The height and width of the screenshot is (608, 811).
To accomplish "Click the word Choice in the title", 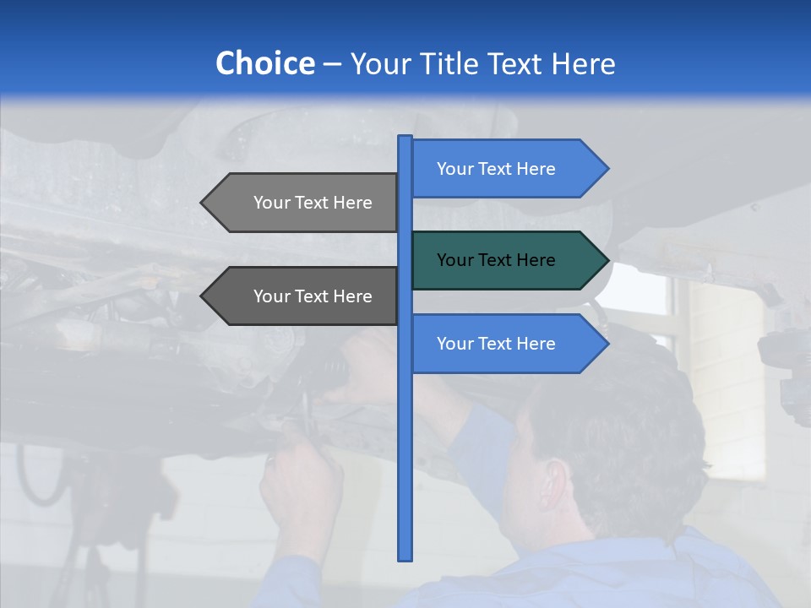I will click(x=264, y=63).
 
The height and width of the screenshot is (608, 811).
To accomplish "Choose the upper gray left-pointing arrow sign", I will click(x=304, y=203).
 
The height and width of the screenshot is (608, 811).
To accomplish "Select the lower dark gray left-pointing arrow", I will click(x=304, y=296).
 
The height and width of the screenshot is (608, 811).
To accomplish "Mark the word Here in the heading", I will click(x=583, y=63).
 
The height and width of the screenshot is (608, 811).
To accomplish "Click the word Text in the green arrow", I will click(x=496, y=260).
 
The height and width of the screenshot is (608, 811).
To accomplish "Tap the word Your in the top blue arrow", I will click(x=454, y=169).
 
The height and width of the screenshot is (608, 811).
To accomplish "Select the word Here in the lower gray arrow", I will click(x=352, y=296).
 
